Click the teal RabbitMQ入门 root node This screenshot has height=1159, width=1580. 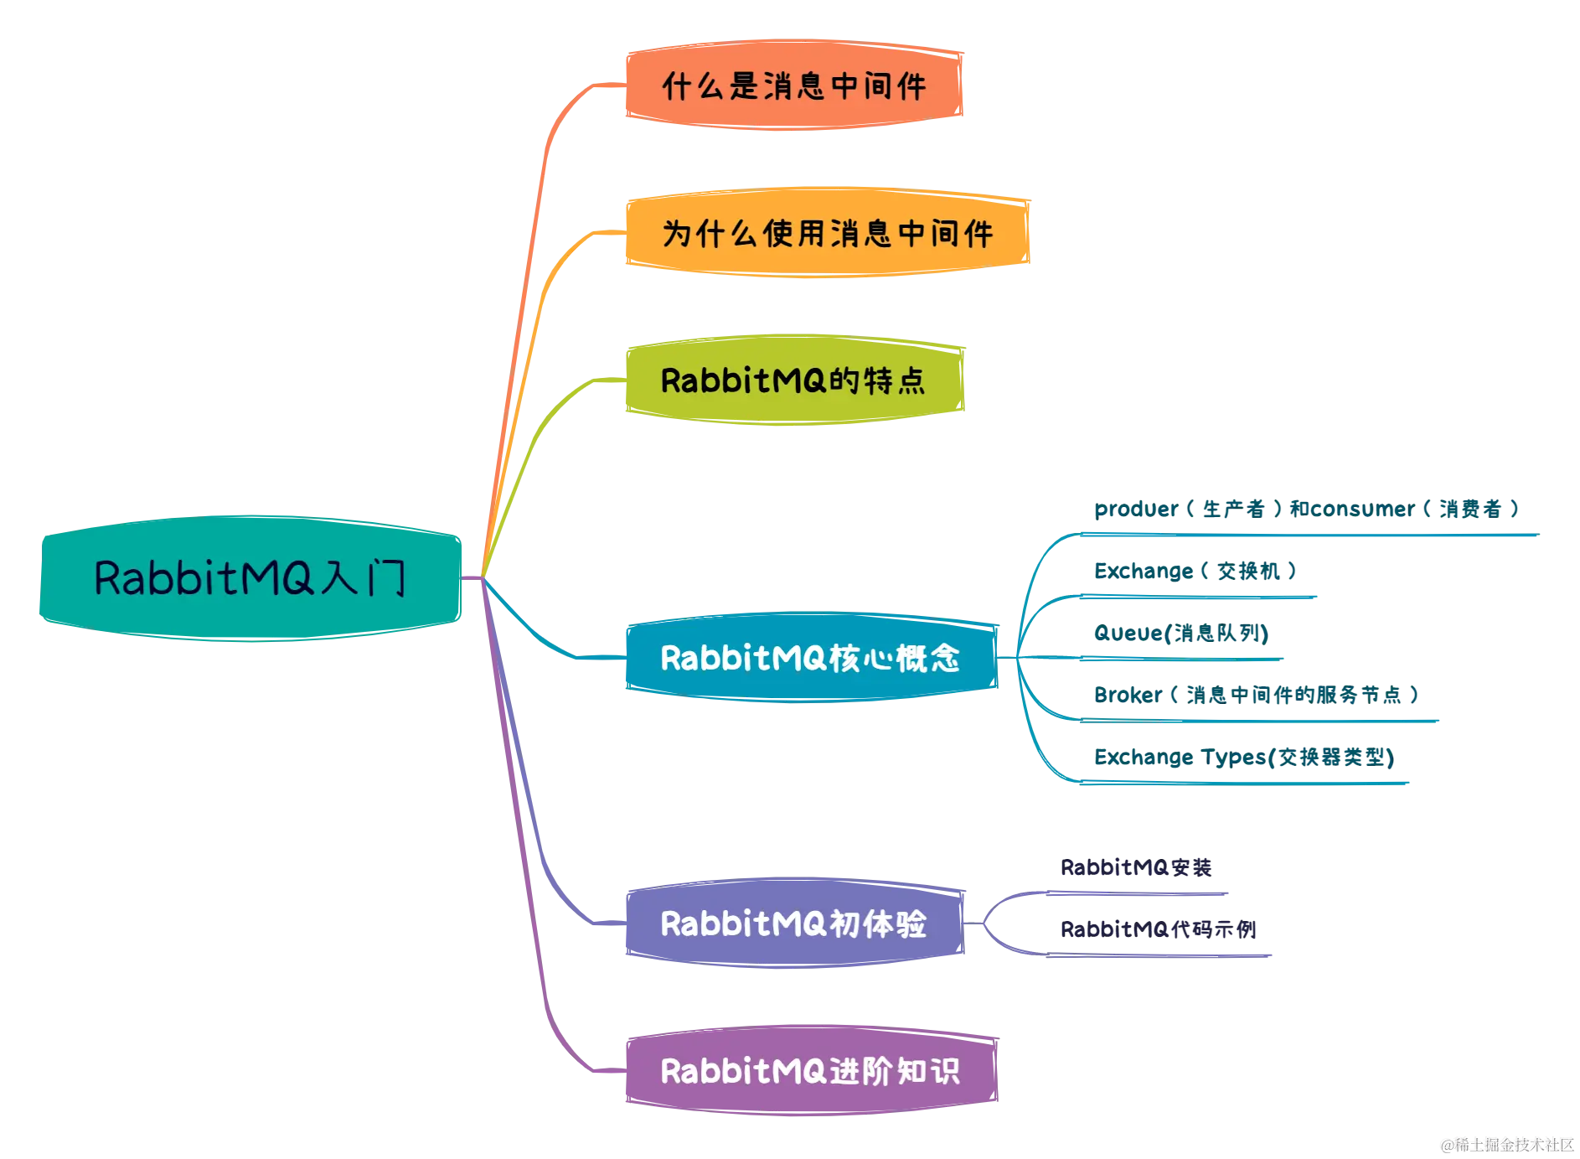250,578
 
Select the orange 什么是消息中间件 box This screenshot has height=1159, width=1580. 793,85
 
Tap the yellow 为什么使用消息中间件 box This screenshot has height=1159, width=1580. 826,232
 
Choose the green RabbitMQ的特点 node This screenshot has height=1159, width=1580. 793,380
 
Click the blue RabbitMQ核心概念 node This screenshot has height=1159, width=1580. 809,658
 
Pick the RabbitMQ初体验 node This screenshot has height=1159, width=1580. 793,924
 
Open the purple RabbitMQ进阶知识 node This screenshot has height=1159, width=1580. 809,1071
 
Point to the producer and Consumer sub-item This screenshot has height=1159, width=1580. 1305,510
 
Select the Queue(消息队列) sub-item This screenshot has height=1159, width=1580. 1181,633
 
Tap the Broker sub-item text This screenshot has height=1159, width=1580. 1256,694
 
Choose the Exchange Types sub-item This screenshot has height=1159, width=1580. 1242,758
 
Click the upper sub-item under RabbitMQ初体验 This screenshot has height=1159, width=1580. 1135,867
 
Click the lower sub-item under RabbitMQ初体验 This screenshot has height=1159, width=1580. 1158,929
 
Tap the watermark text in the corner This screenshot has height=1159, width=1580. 1506,1144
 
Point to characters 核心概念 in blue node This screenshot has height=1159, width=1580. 895,658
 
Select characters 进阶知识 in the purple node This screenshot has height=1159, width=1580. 895,1071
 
